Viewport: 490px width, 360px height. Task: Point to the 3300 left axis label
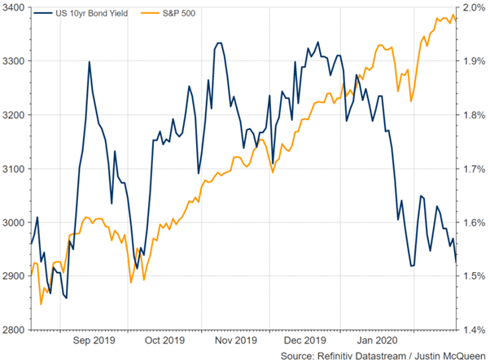(x=15, y=61)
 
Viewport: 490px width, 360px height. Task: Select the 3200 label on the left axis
(x=15, y=115)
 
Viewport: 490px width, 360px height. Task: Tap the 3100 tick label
(x=15, y=169)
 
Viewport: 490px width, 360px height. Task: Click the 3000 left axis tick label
(x=15, y=222)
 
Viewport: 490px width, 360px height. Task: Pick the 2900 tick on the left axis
(x=15, y=276)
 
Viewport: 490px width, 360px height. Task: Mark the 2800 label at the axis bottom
(x=15, y=330)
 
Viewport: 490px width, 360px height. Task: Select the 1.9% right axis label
(x=475, y=61)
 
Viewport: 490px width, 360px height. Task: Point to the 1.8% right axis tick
(x=475, y=115)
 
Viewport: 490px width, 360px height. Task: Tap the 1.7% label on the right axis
(x=475, y=169)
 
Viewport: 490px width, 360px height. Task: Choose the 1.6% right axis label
(x=475, y=222)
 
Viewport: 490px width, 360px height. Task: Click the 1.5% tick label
(x=475, y=276)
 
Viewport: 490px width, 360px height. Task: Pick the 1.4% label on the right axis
(x=475, y=330)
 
